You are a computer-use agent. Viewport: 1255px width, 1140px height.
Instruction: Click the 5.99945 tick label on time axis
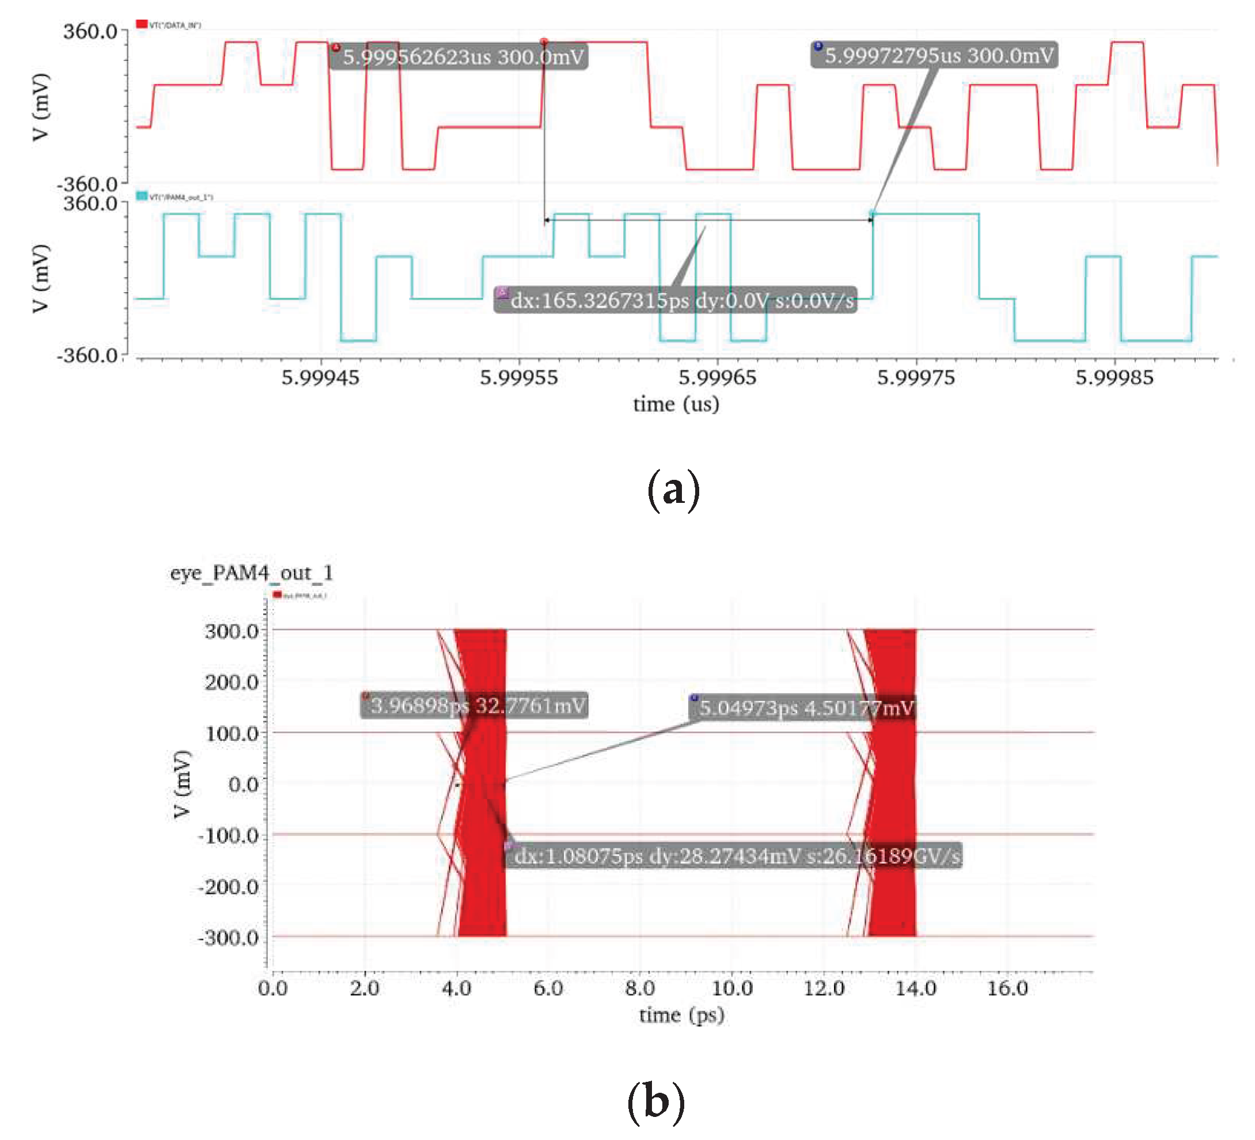click(x=320, y=377)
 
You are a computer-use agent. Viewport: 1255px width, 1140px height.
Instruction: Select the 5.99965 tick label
click(x=717, y=377)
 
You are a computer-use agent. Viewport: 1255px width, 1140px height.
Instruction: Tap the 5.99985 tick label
click(x=1114, y=377)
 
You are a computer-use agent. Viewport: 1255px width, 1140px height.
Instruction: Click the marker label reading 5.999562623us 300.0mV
click(x=459, y=56)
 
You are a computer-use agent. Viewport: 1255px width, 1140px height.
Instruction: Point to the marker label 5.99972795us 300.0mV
click(x=934, y=55)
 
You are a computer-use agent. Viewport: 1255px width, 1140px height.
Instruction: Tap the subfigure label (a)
click(x=673, y=491)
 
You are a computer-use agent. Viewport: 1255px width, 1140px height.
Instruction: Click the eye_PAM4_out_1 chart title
click(x=252, y=573)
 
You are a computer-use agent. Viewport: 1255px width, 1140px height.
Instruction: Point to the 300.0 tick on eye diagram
click(x=232, y=631)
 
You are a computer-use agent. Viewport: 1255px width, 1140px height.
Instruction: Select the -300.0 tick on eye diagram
click(x=228, y=938)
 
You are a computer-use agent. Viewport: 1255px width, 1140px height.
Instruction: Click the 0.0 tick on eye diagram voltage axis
click(x=244, y=785)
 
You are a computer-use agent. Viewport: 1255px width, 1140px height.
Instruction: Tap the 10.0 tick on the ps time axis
click(x=732, y=988)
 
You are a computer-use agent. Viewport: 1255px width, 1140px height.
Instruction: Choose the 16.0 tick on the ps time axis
click(x=1007, y=988)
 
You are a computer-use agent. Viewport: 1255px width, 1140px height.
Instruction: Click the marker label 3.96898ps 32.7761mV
click(x=475, y=706)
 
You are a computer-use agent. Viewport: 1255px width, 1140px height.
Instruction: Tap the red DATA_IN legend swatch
click(x=142, y=24)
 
